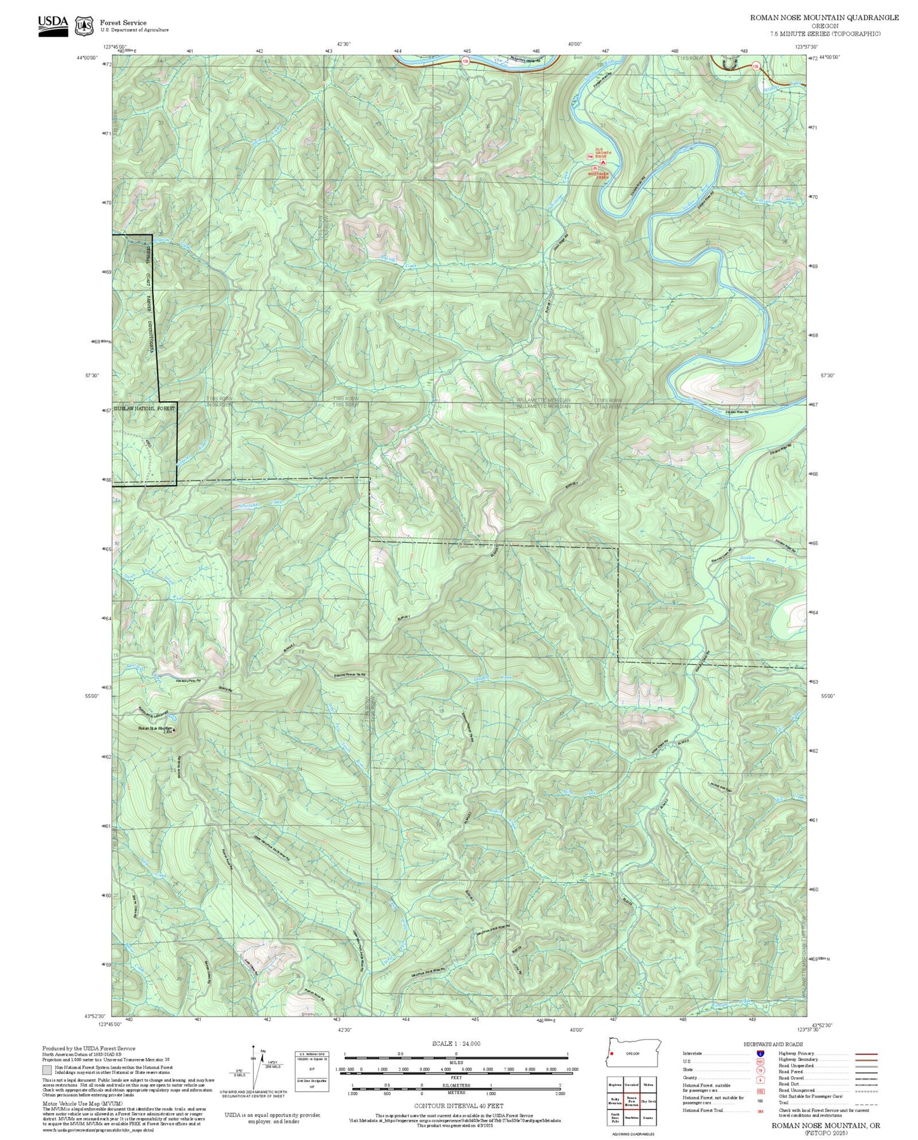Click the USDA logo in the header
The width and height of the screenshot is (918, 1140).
(x=53, y=25)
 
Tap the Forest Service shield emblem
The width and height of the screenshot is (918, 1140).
(x=83, y=26)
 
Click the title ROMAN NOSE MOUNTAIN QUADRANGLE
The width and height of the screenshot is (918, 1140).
(x=824, y=18)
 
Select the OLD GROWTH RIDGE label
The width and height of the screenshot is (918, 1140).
(x=603, y=153)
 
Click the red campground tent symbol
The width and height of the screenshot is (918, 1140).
(x=603, y=163)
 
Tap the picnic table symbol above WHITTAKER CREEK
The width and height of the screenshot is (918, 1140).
(x=595, y=168)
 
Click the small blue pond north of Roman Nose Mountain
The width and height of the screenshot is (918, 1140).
(x=138, y=711)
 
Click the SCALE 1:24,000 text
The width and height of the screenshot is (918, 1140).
(x=456, y=1043)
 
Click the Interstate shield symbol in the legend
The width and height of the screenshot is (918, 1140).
(x=760, y=1054)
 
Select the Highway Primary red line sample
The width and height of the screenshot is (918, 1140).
(x=866, y=1054)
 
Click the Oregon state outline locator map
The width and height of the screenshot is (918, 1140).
(x=633, y=1052)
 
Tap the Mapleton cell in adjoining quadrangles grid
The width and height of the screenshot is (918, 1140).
(x=614, y=1085)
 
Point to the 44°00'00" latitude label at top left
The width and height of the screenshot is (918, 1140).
(x=88, y=58)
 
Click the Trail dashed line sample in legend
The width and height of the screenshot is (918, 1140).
(x=866, y=1103)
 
